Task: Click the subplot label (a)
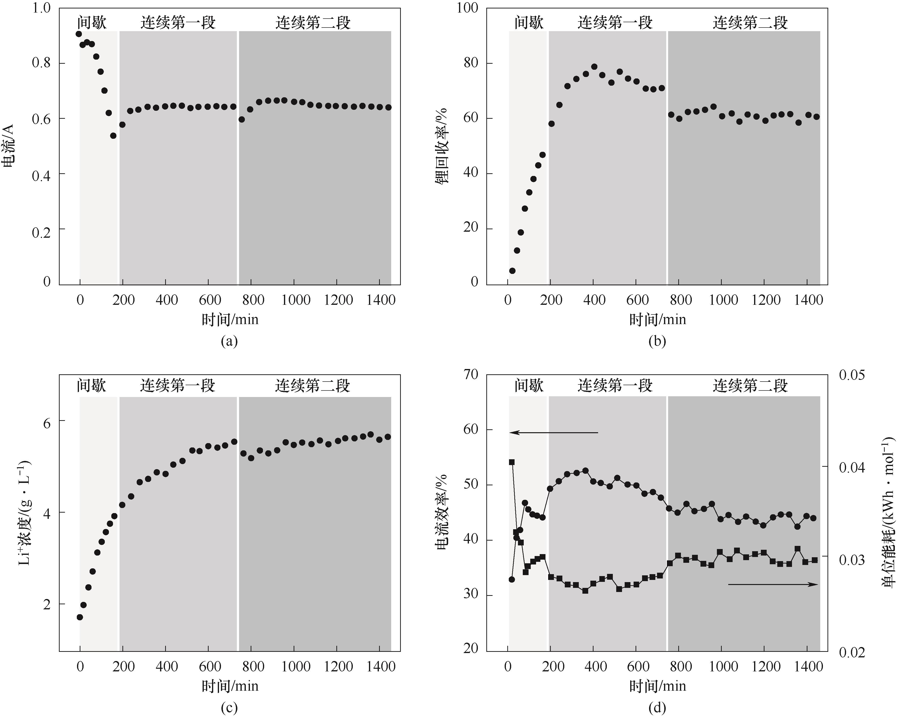tap(229, 341)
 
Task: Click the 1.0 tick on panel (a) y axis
tap(41, 8)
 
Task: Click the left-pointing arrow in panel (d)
tap(554, 433)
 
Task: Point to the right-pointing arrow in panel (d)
tap(773, 585)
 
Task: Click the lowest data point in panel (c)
tap(79, 617)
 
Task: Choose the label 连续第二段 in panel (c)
tap(312, 386)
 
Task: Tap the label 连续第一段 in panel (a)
tap(178, 22)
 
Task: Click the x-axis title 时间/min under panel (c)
tap(230, 686)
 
